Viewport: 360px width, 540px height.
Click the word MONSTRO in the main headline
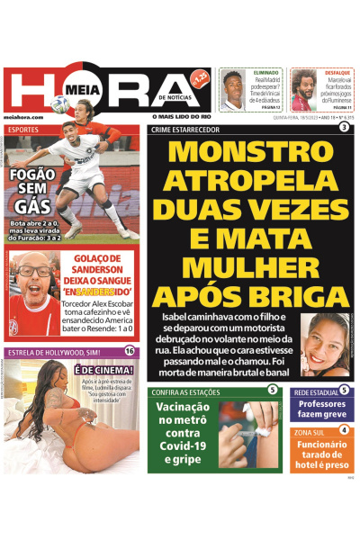tap(249, 155)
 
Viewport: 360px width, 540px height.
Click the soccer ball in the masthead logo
tap(59, 103)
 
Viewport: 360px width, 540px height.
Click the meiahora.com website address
tap(22, 116)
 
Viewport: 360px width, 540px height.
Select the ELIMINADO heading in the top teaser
tap(266, 71)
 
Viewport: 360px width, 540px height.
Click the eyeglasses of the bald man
tap(30, 271)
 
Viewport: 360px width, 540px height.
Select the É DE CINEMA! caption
tap(103, 369)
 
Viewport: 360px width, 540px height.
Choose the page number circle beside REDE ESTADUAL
tap(345, 390)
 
